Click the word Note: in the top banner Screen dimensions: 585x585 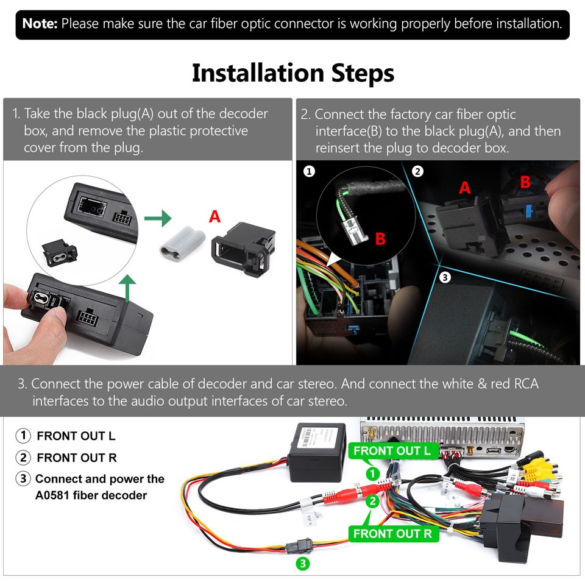pos(40,24)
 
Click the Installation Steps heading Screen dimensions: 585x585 pos(292,73)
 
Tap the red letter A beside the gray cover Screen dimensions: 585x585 pos(214,216)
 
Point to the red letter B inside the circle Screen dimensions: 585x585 pos(380,238)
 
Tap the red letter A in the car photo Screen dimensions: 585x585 pos(465,188)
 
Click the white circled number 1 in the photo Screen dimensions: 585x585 pos(310,171)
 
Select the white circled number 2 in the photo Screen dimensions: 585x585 pos(417,171)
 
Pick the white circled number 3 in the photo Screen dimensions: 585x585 pos(445,277)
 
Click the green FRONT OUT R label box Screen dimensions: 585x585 pos(392,534)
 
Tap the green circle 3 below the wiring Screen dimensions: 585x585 pos(302,564)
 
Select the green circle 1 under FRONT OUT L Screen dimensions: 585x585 pos(372,473)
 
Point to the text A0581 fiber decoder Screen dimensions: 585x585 pos(91,495)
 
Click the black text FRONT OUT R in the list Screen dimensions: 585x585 pos(76,458)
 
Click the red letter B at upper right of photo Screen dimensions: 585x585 pos(525,182)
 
